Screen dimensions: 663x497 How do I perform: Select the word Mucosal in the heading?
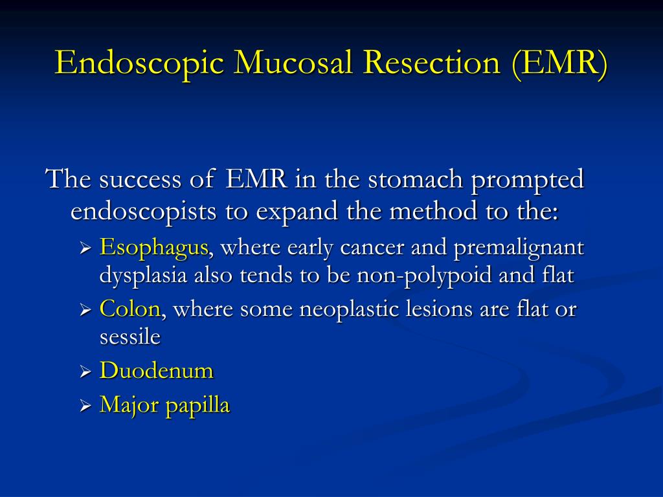click(293, 63)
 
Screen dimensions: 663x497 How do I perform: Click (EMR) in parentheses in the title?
click(559, 64)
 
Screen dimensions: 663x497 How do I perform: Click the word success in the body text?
click(140, 180)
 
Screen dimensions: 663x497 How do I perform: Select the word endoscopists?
click(143, 212)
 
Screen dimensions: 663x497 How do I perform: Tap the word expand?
click(297, 212)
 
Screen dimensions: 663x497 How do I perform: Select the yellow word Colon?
click(129, 309)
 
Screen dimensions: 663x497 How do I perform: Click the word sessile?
click(129, 337)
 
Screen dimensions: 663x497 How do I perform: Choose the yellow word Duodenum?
click(157, 371)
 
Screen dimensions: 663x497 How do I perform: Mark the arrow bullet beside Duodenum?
click(85, 372)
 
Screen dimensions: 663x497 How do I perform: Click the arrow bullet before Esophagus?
click(85, 248)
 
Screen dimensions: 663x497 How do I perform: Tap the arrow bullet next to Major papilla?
click(85, 406)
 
